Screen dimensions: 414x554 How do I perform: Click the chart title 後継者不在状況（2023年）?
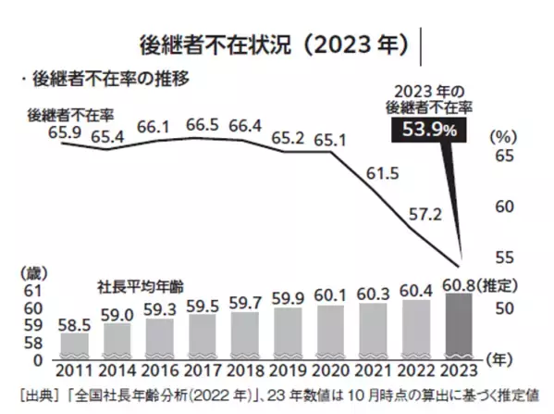pyautogui.click(x=271, y=44)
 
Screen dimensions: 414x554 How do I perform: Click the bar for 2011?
pyautogui.click(x=75, y=345)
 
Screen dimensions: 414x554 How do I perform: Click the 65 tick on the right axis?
pyautogui.click(x=506, y=157)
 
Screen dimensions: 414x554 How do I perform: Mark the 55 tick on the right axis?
pyautogui.click(x=506, y=257)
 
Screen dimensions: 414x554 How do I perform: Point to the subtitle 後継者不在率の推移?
pyautogui.click(x=116, y=80)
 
